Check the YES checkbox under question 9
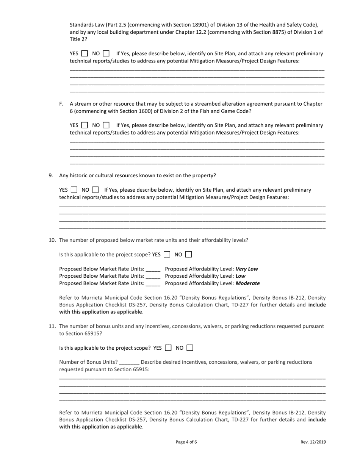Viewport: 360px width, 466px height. coord(74,190)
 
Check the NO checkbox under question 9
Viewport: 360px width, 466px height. coord(95,190)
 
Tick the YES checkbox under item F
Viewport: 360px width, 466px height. coord(85,125)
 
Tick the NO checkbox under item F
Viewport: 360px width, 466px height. coord(106,125)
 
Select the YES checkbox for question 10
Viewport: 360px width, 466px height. coord(167,255)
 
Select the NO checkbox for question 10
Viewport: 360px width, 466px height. coord(188,255)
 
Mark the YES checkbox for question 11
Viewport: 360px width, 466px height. coord(169,347)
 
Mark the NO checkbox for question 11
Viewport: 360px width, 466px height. coord(190,347)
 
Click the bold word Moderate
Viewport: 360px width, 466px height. coord(248,283)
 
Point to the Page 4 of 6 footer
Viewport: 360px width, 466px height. coord(186,442)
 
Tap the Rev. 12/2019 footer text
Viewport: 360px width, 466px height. coord(313,442)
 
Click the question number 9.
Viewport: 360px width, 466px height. coord(50,175)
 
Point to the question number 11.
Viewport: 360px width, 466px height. coord(53,326)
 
